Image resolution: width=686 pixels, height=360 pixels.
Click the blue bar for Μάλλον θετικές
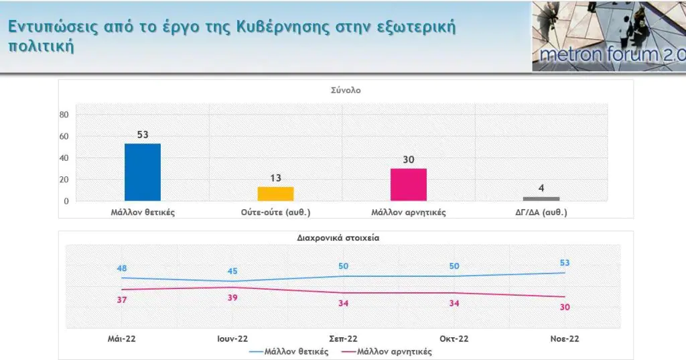pos(143,172)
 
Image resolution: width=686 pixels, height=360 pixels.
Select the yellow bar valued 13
pos(276,194)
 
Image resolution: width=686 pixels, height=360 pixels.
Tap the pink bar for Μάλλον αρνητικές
pos(409,184)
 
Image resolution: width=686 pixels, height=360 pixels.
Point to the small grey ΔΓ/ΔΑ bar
pos(541,198)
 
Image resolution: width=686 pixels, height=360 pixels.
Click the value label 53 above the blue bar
pos(143,135)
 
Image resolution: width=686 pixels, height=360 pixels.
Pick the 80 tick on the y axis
pos(65,115)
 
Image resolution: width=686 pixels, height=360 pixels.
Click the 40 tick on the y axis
pos(65,158)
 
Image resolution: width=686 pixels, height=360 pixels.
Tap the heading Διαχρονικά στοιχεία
pos(344,237)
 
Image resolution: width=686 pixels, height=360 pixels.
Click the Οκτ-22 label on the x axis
pos(454,339)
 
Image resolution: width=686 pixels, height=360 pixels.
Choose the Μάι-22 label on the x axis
pos(122,339)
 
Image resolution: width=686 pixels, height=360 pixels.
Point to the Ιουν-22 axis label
pos(232,339)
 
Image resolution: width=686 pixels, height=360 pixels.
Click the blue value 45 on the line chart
pos(232,272)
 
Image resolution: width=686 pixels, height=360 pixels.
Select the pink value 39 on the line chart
pos(232,298)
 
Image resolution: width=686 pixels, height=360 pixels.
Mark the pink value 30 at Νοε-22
pos(565,307)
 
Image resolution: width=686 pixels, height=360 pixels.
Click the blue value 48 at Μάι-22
pos(122,268)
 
